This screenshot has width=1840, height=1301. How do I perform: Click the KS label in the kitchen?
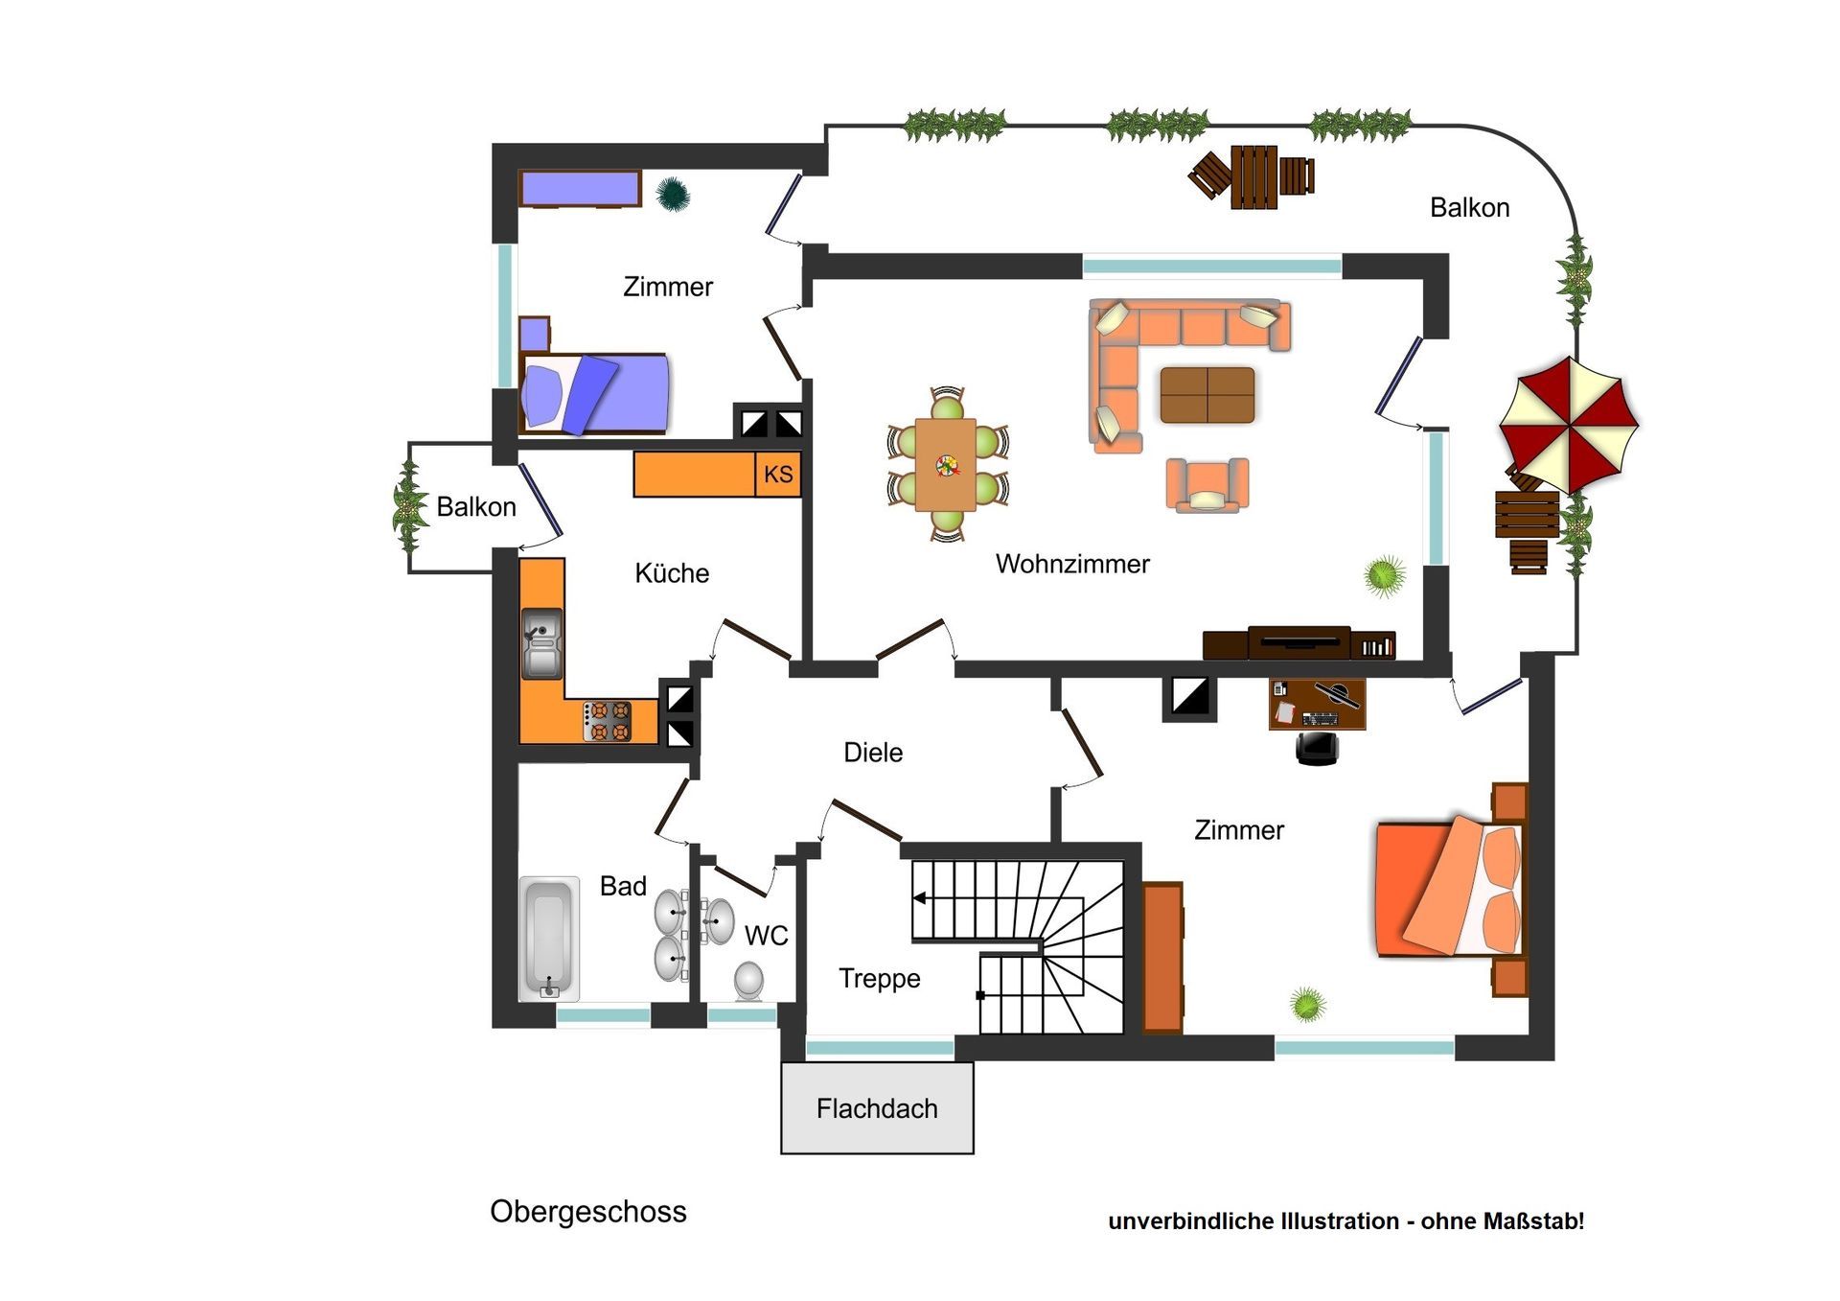(x=778, y=474)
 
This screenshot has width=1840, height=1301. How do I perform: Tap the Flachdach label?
(x=877, y=1108)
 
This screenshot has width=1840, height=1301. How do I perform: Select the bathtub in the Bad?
(x=549, y=938)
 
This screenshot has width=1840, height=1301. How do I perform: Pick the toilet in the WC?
(x=748, y=981)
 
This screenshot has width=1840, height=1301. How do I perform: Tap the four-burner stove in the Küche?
(x=609, y=721)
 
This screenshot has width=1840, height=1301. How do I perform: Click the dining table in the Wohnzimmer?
(x=946, y=465)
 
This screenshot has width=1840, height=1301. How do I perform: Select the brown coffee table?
(x=1207, y=394)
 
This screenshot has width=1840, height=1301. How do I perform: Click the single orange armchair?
(x=1207, y=484)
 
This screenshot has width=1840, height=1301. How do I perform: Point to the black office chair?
(x=1317, y=748)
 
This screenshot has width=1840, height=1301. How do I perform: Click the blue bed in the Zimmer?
(x=594, y=393)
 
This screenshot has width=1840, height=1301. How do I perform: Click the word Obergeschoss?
(x=588, y=1212)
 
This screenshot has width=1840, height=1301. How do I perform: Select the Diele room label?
(x=873, y=753)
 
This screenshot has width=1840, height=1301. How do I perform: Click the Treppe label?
(x=880, y=979)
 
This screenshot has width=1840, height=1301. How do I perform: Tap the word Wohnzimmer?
(x=1072, y=564)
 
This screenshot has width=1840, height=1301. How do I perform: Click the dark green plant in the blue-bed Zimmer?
(x=673, y=194)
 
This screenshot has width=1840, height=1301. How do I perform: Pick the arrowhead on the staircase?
(x=919, y=898)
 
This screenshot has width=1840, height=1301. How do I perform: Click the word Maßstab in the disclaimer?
(x=1533, y=1221)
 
